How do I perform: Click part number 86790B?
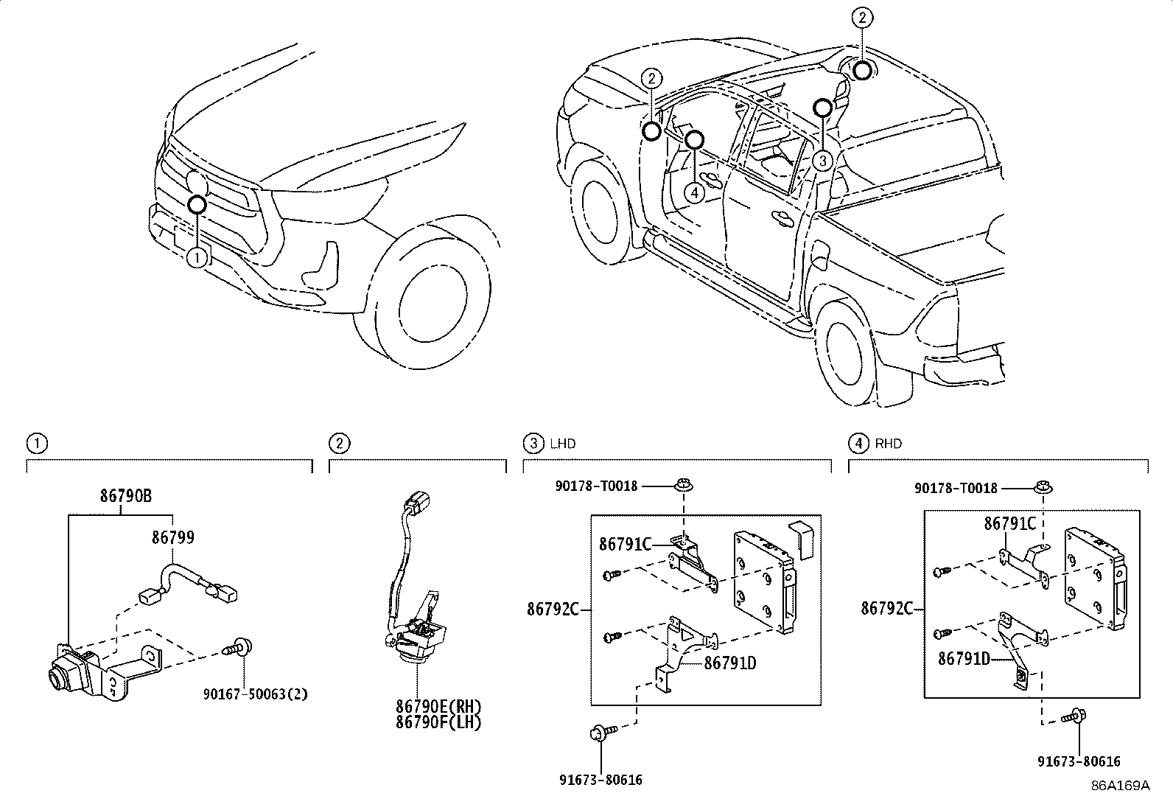126,496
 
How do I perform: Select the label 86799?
173,537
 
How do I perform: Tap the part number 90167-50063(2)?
256,694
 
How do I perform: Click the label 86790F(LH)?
438,722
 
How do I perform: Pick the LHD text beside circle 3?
563,444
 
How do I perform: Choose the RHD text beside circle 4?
889,444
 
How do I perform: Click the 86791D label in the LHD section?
730,663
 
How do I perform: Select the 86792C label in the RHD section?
887,608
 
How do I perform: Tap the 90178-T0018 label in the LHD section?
597,486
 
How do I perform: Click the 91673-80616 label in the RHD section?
1078,762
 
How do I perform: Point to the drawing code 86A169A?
1120,786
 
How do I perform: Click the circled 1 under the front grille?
197,257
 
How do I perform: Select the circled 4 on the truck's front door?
694,192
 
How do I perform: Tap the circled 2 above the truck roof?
862,17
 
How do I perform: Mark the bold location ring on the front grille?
197,204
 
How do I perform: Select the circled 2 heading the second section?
339,444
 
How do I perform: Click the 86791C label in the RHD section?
1010,523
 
